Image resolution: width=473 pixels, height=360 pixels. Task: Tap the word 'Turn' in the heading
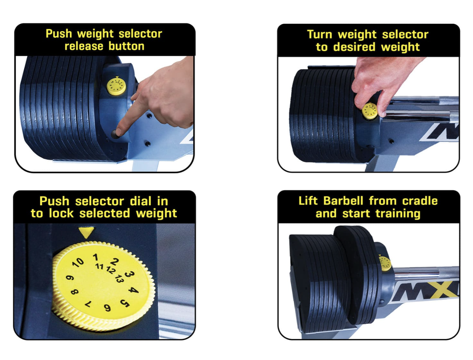[321, 35]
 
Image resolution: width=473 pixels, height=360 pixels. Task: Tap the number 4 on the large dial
[133, 290]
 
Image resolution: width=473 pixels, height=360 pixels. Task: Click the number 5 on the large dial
[125, 303]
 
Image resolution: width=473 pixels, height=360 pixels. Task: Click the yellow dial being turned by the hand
[369, 111]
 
